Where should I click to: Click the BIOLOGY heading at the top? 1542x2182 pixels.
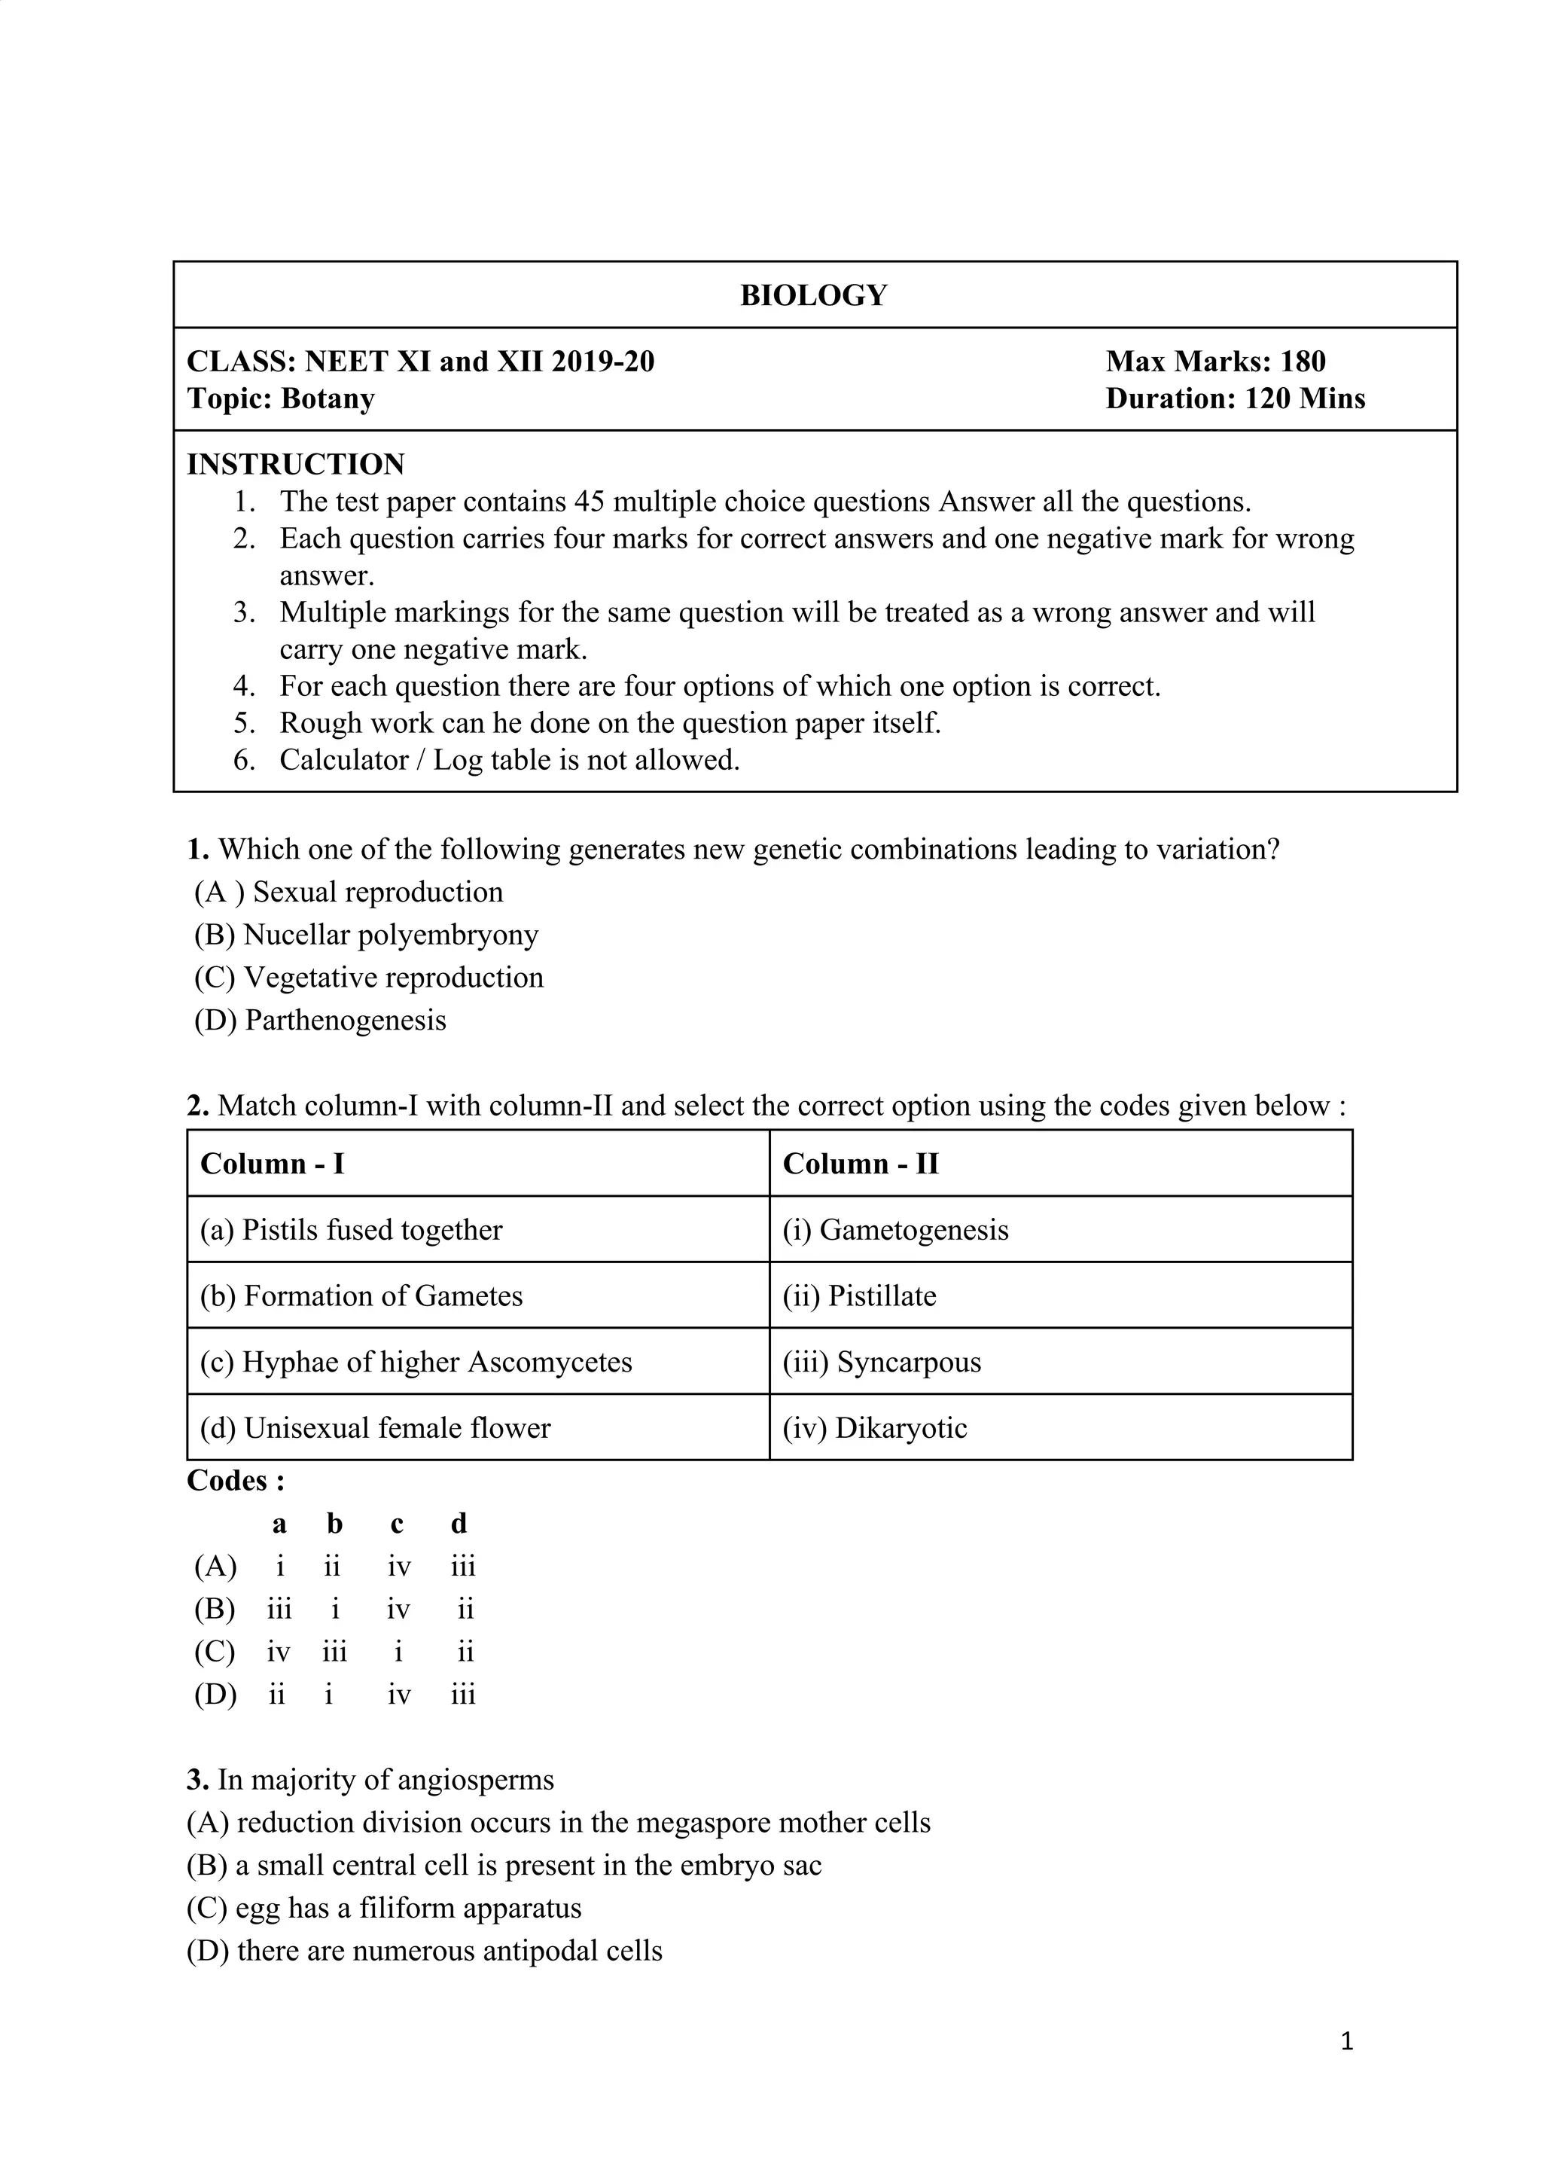point(813,295)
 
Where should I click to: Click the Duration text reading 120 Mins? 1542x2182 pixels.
point(1305,398)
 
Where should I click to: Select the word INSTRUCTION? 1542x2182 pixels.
point(295,464)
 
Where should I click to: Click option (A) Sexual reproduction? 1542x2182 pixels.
point(349,892)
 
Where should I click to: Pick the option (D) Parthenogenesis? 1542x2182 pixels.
point(320,1020)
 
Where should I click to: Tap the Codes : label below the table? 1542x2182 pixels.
point(236,1481)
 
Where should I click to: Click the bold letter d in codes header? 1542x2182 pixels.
point(459,1524)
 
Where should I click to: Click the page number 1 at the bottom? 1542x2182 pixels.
point(1346,2040)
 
